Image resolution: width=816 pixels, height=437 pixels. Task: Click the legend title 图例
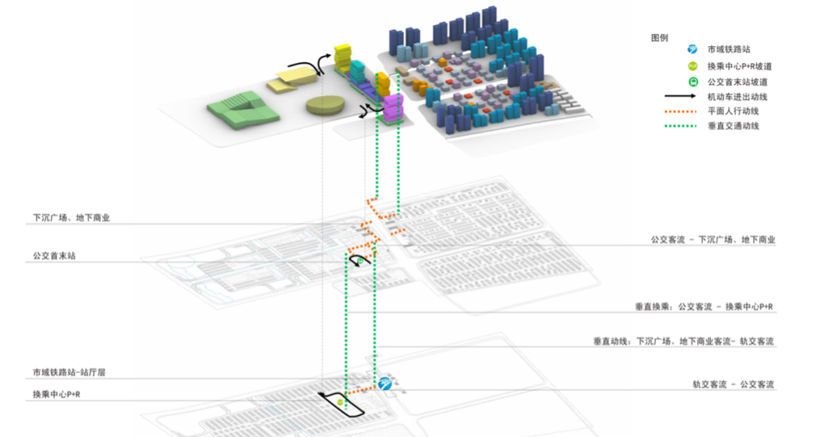coord(659,37)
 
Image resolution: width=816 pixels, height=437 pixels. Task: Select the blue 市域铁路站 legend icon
coord(691,49)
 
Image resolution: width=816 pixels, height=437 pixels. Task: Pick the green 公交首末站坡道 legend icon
coord(691,82)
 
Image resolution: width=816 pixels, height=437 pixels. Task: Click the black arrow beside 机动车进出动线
coord(682,97)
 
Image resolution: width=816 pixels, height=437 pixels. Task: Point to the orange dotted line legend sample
coord(682,111)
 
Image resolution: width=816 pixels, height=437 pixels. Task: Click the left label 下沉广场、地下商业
coord(72,218)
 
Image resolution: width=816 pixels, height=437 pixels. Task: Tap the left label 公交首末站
coord(54,256)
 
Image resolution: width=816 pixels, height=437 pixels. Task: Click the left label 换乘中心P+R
coord(57,395)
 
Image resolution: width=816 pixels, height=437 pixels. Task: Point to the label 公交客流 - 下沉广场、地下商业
coord(712,240)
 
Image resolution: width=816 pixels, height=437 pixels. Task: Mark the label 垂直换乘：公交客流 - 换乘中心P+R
coord(703,307)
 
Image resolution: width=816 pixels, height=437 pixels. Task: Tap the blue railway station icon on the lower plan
coord(386,384)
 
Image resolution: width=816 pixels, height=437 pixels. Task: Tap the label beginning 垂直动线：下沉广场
coord(683,342)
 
